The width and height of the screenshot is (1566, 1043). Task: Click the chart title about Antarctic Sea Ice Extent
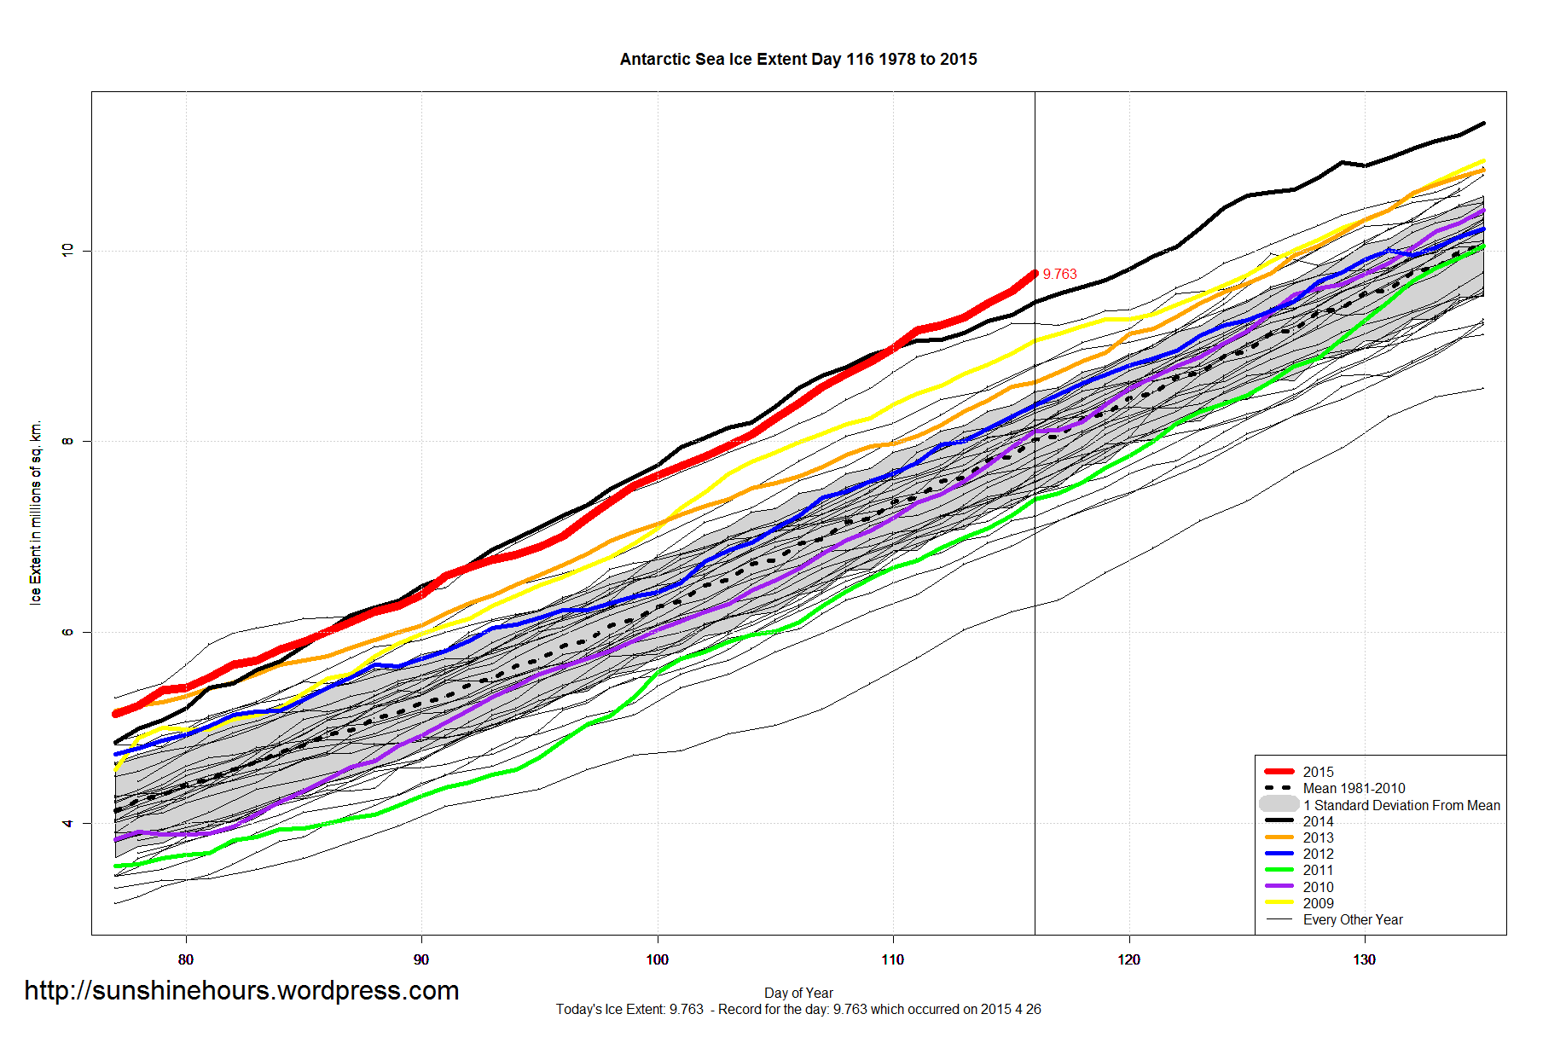798,60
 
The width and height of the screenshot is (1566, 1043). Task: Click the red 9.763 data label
1059,274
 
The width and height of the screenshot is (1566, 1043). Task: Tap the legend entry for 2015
1318,772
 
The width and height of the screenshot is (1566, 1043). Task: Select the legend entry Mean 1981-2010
1354,788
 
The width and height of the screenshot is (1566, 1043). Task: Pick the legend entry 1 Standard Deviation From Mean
1401,805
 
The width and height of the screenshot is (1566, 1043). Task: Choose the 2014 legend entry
1318,821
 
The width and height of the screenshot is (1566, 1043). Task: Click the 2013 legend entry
1318,837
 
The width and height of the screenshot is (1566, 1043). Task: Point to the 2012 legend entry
1318,854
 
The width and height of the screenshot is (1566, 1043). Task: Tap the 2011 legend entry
1318,870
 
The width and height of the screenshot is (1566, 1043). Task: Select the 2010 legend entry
1318,887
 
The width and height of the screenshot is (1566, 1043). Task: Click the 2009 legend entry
1318,903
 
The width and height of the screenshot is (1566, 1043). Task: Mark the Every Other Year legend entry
1352,919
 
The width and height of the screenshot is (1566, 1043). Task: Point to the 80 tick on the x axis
186,959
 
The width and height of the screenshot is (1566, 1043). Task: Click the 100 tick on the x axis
657,959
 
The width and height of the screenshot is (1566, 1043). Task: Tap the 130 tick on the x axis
1364,959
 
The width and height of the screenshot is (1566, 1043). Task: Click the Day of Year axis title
798,993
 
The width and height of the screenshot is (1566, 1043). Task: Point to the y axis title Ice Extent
35,513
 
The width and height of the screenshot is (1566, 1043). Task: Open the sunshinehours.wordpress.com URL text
241,990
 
